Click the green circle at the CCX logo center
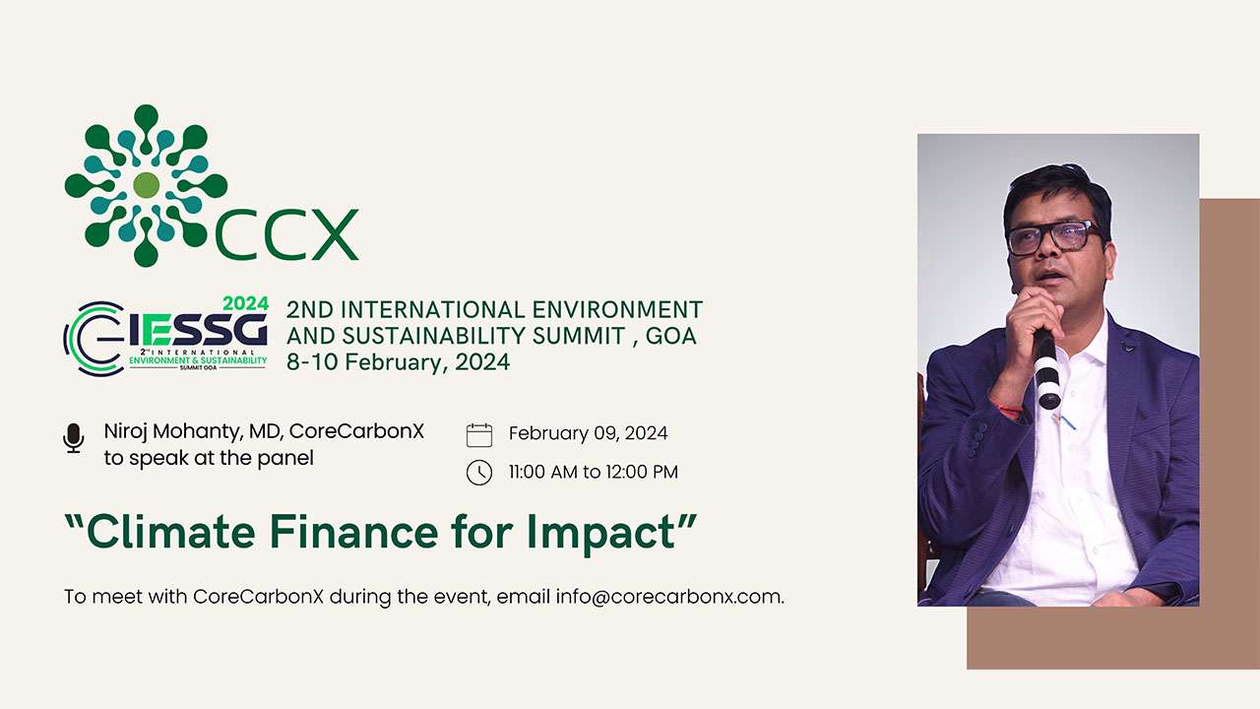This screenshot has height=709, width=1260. [x=146, y=184]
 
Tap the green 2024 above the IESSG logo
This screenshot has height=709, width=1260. [x=245, y=304]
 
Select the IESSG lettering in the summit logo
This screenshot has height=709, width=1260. [x=198, y=330]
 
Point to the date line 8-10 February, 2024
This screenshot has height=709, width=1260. [x=398, y=362]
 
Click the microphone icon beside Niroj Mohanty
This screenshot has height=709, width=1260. [x=74, y=438]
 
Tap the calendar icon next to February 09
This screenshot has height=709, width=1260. [x=478, y=434]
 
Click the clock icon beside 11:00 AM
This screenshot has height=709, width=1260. [x=478, y=473]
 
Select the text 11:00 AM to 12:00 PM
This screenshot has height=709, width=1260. [x=593, y=472]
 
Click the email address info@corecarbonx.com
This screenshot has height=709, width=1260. [x=668, y=597]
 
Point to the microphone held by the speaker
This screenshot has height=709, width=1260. [x=1046, y=369]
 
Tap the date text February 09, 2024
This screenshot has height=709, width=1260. [x=588, y=433]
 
